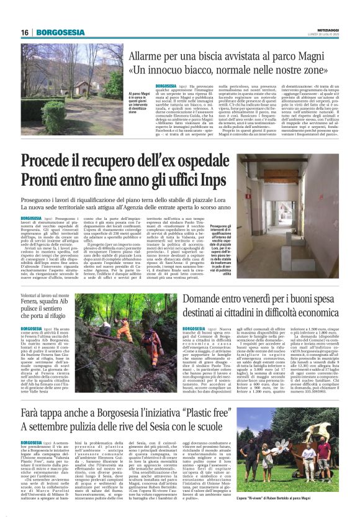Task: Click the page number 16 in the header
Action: coord(24,32)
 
